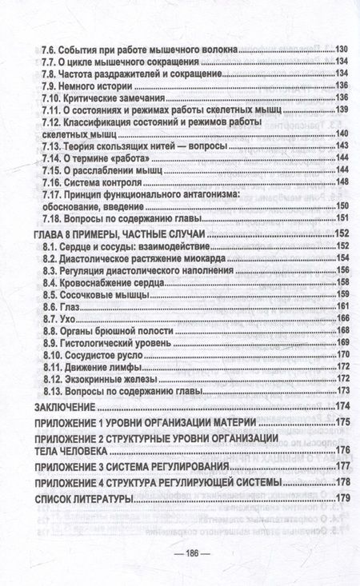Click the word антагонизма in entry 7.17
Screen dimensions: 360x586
point(225,194)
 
